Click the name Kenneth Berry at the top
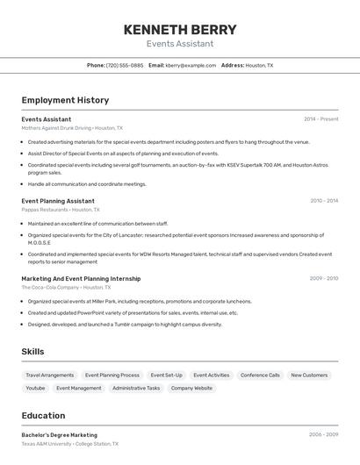coord(179,30)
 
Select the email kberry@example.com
coord(191,65)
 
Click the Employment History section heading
coord(65,100)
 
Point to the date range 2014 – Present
coord(320,118)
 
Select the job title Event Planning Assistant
coord(58,201)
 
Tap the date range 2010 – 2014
coord(323,201)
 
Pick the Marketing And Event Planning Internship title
coord(81,278)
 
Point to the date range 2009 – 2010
coord(323,278)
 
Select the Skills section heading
coord(33,352)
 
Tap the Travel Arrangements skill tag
coord(50,376)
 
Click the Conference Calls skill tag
coord(260,376)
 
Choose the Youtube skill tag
coord(35,388)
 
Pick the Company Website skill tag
coord(191,388)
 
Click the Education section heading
coord(43,416)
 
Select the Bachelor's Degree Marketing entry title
coord(60,435)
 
